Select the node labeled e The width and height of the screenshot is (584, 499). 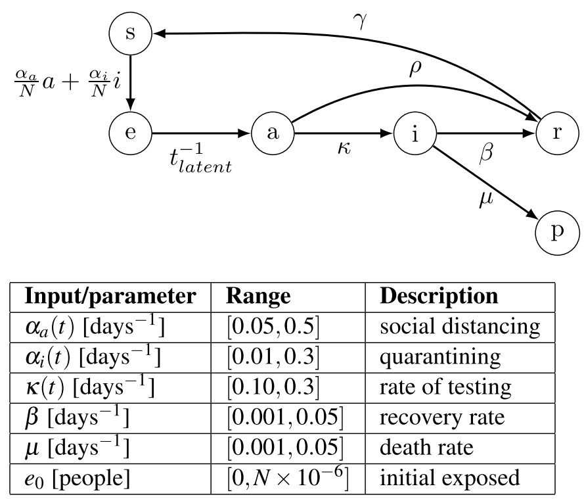tap(130, 132)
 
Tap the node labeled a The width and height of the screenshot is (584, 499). tap(273, 132)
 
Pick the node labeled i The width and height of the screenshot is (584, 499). tap(415, 132)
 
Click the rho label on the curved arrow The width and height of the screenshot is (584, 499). tap(415, 70)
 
